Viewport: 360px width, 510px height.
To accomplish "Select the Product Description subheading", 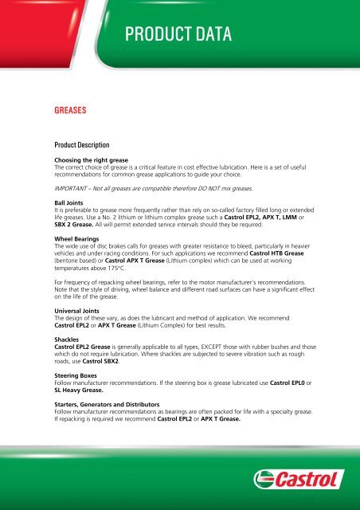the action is (88, 146).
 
